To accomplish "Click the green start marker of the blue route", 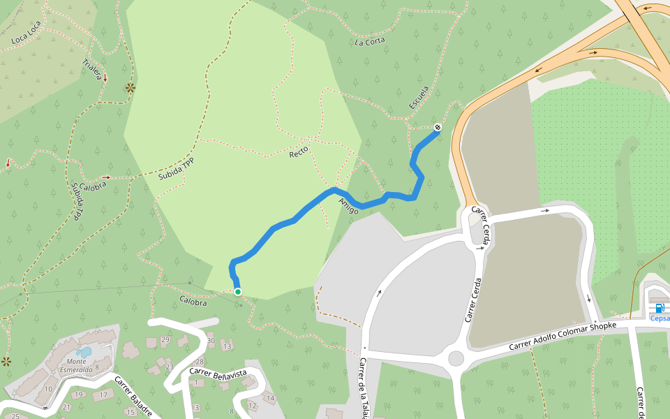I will click(238, 292).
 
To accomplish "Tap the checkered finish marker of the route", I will click(438, 127).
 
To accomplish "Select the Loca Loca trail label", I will click(27, 36).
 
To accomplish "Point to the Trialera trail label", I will click(93, 69).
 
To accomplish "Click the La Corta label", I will click(370, 41).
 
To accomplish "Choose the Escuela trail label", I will click(419, 98).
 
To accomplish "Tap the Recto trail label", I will click(299, 151).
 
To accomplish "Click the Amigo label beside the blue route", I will click(348, 205).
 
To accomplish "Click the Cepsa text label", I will click(660, 318).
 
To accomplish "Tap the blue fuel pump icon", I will click(660, 308).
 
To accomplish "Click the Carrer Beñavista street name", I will click(218, 373).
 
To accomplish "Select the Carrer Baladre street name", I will click(133, 396).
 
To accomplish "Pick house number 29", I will click(165, 340).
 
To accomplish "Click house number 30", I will click(211, 340).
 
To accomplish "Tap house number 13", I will click(227, 346).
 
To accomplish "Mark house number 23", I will click(170, 366).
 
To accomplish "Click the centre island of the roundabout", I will click(456, 358).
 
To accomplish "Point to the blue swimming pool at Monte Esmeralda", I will click(84, 353).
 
